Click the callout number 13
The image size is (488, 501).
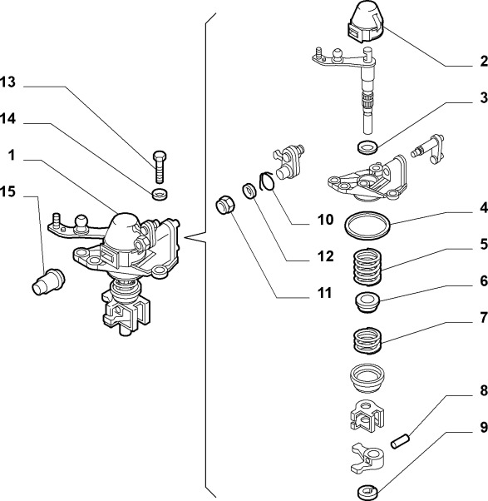(7, 82)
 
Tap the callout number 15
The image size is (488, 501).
(7, 191)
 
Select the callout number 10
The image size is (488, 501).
(325, 220)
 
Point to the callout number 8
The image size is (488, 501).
(484, 390)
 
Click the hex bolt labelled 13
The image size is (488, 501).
(160, 166)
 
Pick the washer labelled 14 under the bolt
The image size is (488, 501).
(160, 194)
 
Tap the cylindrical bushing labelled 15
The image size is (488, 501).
(48, 282)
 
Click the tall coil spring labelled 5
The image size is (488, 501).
(367, 267)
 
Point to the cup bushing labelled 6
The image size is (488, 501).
(367, 303)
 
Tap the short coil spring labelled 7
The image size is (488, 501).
(367, 340)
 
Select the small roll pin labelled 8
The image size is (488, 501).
(400, 440)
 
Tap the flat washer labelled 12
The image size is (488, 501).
(249, 191)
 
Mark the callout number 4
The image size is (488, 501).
(484, 208)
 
